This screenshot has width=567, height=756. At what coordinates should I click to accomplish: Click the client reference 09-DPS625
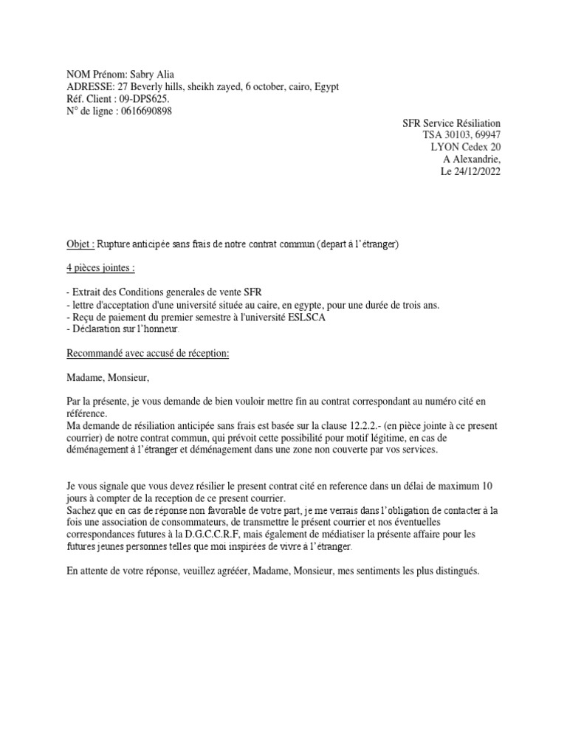tap(143, 98)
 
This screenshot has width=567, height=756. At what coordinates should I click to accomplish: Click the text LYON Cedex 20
tap(465, 147)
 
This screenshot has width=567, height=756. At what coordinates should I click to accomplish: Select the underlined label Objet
tap(76, 244)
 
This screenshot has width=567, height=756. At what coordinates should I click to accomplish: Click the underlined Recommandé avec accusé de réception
tap(148, 354)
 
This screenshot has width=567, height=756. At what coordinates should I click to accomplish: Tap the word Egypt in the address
tap(326, 86)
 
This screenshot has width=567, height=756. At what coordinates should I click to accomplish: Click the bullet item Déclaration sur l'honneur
tap(127, 329)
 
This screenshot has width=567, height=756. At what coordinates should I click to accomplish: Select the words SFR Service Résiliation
tap(451, 123)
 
